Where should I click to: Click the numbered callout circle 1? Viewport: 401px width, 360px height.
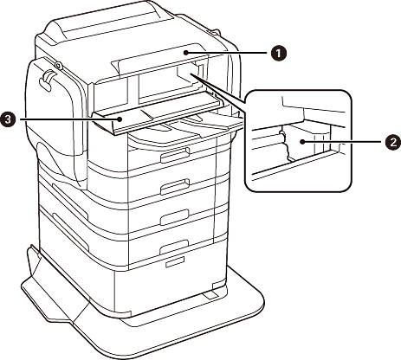coord(279,54)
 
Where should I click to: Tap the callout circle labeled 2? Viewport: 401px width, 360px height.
coord(392,142)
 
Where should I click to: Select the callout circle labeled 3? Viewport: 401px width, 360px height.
coord(9,119)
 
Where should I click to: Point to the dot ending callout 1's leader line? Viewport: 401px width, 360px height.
coord(186,53)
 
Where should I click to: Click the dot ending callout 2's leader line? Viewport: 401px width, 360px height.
coord(302,142)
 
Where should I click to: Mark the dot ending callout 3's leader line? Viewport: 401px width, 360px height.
coord(120,119)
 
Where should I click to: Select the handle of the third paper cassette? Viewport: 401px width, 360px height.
coord(174,217)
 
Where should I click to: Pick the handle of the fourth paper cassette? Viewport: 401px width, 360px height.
coord(174,246)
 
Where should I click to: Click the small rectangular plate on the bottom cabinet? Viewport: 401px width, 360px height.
coord(174,262)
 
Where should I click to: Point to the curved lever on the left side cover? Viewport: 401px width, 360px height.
coord(48,80)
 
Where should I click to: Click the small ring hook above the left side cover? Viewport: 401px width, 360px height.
coord(58,65)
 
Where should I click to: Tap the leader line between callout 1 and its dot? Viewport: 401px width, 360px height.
coord(227,53)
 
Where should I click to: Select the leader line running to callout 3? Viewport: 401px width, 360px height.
coord(68,119)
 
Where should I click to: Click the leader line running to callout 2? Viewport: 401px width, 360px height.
coord(343,142)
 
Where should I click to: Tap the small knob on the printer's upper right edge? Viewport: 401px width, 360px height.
coord(215,30)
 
